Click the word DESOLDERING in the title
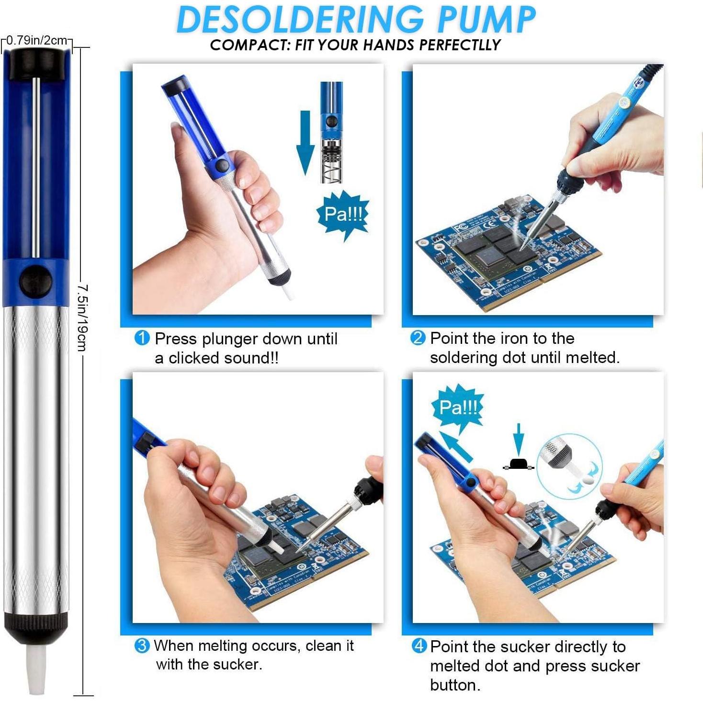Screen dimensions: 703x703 coord(299,20)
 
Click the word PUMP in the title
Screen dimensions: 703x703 coord(486,20)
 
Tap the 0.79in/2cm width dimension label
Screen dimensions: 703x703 coord(37,40)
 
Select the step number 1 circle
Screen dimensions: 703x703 coord(142,339)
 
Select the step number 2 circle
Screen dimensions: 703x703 coord(418,338)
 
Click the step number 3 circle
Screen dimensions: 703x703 coord(142,646)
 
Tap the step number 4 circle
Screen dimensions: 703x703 coord(419,646)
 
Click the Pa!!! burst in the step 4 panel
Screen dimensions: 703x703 coord(458,408)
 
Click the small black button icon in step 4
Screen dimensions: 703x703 coord(518,464)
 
